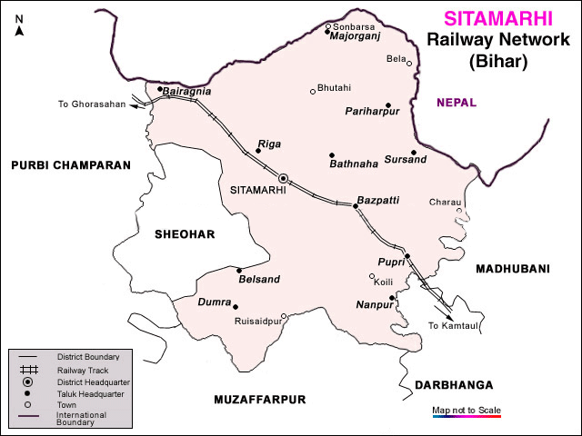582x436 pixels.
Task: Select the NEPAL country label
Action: (456, 103)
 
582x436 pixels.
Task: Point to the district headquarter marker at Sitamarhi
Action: (284, 178)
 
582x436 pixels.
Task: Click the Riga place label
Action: (270, 144)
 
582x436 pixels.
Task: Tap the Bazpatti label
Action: (377, 199)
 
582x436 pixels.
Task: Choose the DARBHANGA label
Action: (454, 385)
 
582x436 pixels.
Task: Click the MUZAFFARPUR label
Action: (260, 400)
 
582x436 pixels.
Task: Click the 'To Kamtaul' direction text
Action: (452, 326)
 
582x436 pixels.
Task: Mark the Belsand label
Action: (259, 280)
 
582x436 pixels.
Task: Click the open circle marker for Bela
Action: (409, 64)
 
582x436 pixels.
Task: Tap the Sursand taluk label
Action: (405, 160)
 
